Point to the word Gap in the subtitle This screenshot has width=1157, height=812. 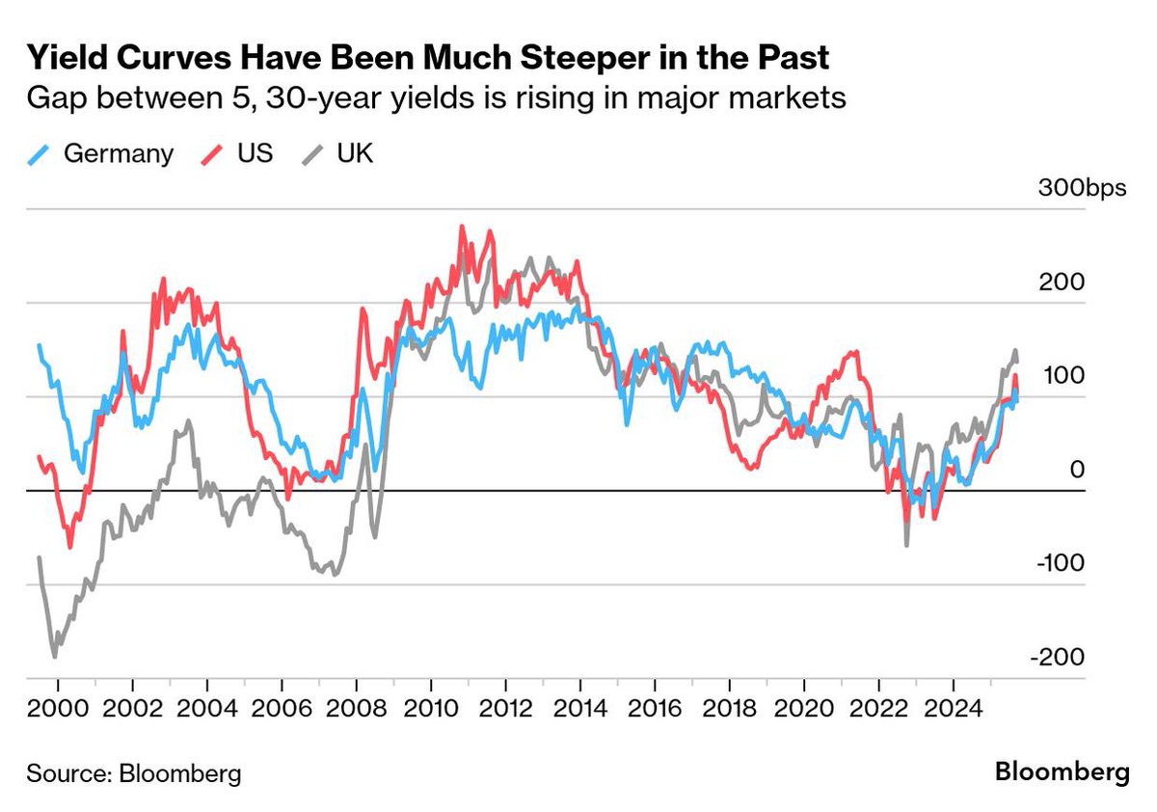point(56,99)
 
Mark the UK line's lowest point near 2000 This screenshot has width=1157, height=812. point(54,657)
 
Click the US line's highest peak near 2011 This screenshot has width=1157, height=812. point(462,228)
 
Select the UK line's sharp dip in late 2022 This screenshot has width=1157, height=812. point(907,546)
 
